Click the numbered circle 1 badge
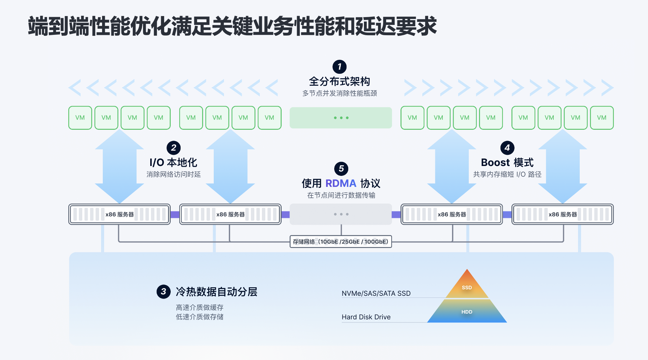pos(339,67)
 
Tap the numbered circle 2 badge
pos(173,148)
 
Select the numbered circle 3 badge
pos(164,292)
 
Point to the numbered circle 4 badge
pos(507,148)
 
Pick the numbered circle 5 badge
pos(341,169)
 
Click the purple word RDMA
pos(341,183)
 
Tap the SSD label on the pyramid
pos(467,288)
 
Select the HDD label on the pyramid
pos(467,312)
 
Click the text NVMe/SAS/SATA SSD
pos(376,293)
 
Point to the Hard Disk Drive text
pos(366,317)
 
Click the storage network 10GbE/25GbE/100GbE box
pos(341,241)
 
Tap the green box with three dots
pos(341,118)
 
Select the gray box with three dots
pos(341,214)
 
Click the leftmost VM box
pos(80,118)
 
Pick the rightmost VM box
pos(602,118)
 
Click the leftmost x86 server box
pos(119,214)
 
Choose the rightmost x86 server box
pos(563,214)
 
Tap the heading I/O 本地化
pos(173,163)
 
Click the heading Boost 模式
pos(507,163)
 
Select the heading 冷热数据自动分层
pos(216,292)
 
